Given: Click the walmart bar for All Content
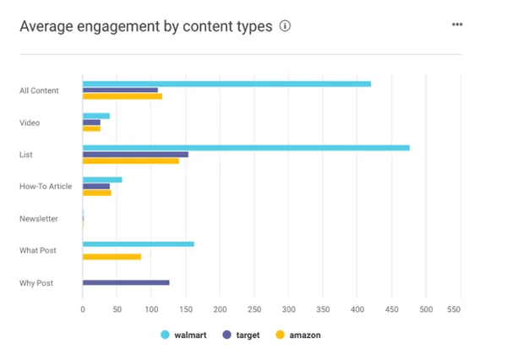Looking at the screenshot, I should pyautogui.click(x=226, y=84).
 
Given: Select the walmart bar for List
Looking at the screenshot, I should pyautogui.click(x=246, y=148).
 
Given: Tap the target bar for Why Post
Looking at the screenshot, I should pyautogui.click(x=126, y=282).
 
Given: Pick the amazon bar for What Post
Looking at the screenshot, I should pyautogui.click(x=112, y=256).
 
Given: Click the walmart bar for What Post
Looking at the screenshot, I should pyautogui.click(x=139, y=244).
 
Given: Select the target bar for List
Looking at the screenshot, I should pyautogui.click(x=135, y=155).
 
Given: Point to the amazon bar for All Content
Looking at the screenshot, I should pyautogui.click(x=123, y=96).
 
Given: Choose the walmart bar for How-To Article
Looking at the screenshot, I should pyautogui.click(x=102, y=180).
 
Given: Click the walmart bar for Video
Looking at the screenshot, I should pyautogui.click(x=96, y=116).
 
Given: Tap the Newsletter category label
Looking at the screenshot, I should pyautogui.click(x=39, y=219).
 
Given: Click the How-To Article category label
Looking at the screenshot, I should pyautogui.click(x=46, y=187).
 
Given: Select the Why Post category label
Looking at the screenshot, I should pyautogui.click(x=36, y=283).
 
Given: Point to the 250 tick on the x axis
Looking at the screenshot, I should pyautogui.click(x=254, y=309).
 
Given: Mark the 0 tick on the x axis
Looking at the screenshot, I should pyautogui.click(x=83, y=309).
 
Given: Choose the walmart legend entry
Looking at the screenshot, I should pyautogui.click(x=183, y=335).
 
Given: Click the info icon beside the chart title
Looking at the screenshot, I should pyautogui.click(x=285, y=26).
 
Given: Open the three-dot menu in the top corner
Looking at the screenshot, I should pyautogui.click(x=457, y=25).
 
